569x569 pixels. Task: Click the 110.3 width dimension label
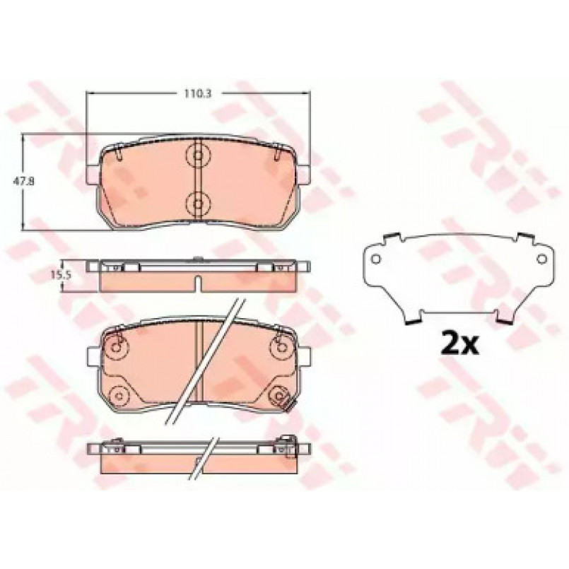click(x=197, y=93)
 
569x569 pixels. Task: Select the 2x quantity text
click(x=459, y=342)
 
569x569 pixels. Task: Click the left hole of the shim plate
click(x=376, y=259)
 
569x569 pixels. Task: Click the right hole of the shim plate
click(x=541, y=259)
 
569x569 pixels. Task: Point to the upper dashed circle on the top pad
click(x=198, y=156)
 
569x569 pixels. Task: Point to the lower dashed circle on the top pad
click(x=198, y=204)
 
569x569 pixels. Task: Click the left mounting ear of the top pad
click(x=93, y=174)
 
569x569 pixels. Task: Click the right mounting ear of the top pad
click(x=304, y=174)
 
